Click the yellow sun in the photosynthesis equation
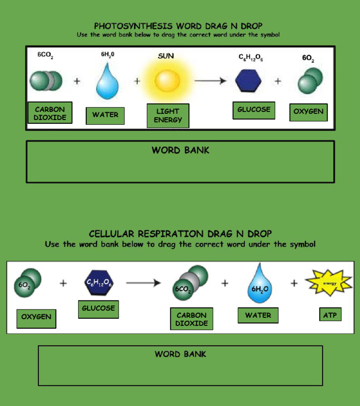tap(167, 81)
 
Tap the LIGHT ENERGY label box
tap(168, 115)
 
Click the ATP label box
tap(330, 315)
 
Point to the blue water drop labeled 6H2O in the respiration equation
tap(259, 284)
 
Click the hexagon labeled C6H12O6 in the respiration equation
tap(98, 283)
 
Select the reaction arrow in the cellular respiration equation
tap(143, 283)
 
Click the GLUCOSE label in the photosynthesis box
tap(254, 110)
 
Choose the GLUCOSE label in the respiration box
tap(98, 308)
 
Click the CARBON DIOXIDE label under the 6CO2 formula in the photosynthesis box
tap(50, 113)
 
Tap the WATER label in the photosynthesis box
tap(105, 115)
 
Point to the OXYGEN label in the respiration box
tap(36, 317)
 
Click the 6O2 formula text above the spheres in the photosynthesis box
tap(308, 59)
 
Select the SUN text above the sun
tap(166, 56)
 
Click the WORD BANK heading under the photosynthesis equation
tap(180, 150)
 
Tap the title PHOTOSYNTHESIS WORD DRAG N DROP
tap(179, 26)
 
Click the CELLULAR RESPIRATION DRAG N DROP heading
tap(180, 233)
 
